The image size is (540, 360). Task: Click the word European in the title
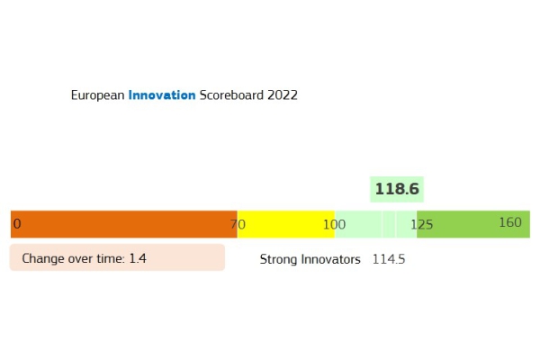point(97,95)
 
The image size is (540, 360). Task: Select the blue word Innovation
point(162,94)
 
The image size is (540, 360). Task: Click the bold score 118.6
point(397,189)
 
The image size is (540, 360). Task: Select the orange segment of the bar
point(124,224)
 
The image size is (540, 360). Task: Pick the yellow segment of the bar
point(286,224)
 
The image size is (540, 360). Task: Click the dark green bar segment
point(473,224)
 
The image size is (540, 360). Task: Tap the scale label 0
point(17,224)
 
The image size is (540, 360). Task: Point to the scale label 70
point(238,224)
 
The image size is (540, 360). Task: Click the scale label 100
point(334,225)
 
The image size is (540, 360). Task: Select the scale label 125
point(421,225)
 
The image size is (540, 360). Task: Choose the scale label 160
point(510,222)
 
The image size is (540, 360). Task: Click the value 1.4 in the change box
point(138,258)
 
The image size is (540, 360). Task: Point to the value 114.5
point(389,259)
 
